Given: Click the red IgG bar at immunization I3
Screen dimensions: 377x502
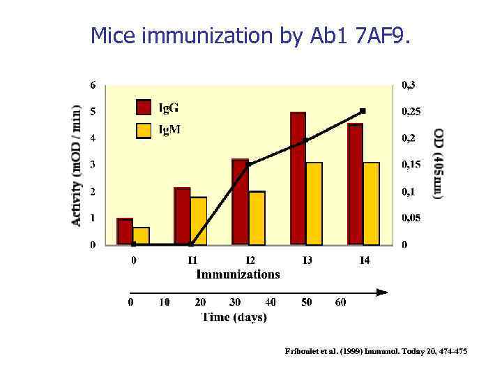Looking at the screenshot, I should [x=298, y=179].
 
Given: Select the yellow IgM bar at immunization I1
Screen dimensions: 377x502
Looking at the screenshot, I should [x=199, y=221].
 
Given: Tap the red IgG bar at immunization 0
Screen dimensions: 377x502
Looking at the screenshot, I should [x=125, y=232].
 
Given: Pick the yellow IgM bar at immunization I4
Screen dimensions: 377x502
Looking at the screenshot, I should [x=371, y=203].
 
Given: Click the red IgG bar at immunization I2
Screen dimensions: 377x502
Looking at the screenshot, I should [x=240, y=202].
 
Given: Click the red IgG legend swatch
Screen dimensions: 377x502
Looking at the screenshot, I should [x=143, y=107].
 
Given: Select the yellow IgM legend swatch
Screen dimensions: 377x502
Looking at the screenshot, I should [x=143, y=130].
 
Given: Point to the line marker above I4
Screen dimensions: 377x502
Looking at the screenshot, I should [x=363, y=111].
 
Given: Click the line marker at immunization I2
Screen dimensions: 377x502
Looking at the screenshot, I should [x=248, y=165].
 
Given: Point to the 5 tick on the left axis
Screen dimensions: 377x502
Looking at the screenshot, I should [x=93, y=112].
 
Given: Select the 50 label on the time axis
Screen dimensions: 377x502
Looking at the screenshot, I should [x=306, y=302].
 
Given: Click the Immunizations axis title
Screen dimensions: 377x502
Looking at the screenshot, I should [x=238, y=274].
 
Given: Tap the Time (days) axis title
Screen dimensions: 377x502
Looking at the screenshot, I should [x=234, y=317].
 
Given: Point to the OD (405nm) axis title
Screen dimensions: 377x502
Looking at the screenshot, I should [x=438, y=164].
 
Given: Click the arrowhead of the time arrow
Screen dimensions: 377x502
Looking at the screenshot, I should [x=381, y=292].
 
